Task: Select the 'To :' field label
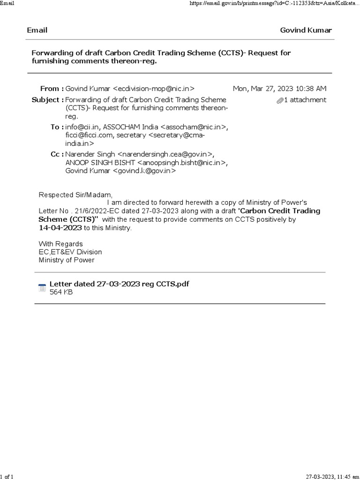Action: tap(57, 127)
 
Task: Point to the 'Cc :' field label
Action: tap(57, 154)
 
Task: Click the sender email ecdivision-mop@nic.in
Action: tap(154, 89)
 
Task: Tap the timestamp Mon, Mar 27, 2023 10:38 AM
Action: tap(280, 89)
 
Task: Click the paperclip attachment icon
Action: tap(280, 100)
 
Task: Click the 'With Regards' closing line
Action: tap(60, 244)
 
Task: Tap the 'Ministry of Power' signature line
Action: tap(67, 260)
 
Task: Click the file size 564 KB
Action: tap(61, 292)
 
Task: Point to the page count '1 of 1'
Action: tap(7, 477)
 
